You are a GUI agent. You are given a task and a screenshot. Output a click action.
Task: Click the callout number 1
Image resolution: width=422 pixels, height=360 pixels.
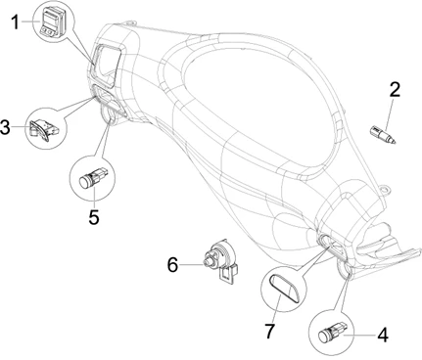click(15, 22)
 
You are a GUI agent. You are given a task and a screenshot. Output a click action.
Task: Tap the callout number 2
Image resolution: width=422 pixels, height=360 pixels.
click(395, 89)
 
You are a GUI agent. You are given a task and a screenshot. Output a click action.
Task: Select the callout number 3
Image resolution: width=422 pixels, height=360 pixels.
click(6, 127)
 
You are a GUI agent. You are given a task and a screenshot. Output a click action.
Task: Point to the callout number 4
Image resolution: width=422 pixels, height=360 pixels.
click(383, 335)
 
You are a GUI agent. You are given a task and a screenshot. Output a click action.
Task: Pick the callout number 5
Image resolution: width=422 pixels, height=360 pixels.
click(94, 217)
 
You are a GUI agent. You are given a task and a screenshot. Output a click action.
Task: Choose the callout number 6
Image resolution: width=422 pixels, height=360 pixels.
click(172, 264)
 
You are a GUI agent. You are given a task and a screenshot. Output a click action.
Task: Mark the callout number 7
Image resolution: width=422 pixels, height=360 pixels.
click(269, 331)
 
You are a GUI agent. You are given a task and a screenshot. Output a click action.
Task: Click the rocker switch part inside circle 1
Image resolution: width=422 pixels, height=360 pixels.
click(53, 22)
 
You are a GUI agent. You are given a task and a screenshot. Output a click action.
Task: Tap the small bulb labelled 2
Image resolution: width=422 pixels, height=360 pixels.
click(382, 135)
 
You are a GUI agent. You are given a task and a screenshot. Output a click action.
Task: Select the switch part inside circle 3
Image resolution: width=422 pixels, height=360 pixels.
click(43, 129)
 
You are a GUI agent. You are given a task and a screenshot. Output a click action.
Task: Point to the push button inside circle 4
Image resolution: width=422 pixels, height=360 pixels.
click(332, 332)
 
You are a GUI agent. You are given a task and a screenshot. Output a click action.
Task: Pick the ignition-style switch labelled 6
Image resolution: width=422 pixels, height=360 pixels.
click(219, 261)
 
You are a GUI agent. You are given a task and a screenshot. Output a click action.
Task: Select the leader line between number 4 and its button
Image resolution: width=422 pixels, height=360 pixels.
click(359, 335)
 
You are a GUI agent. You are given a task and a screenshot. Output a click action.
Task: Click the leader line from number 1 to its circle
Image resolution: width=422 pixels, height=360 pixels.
click(29, 22)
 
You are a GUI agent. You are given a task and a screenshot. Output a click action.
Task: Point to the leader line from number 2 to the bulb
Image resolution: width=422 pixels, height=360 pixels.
click(389, 115)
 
